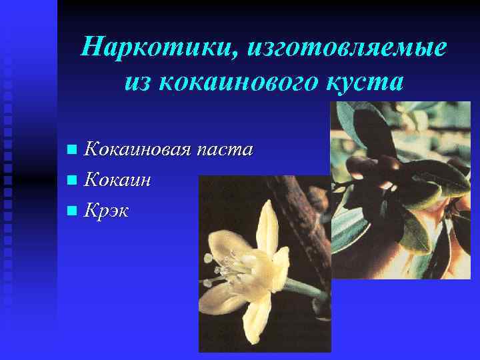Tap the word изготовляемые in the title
347,48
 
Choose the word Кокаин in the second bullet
117,179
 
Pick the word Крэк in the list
107,211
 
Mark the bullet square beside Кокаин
72,180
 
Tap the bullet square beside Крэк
72,211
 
